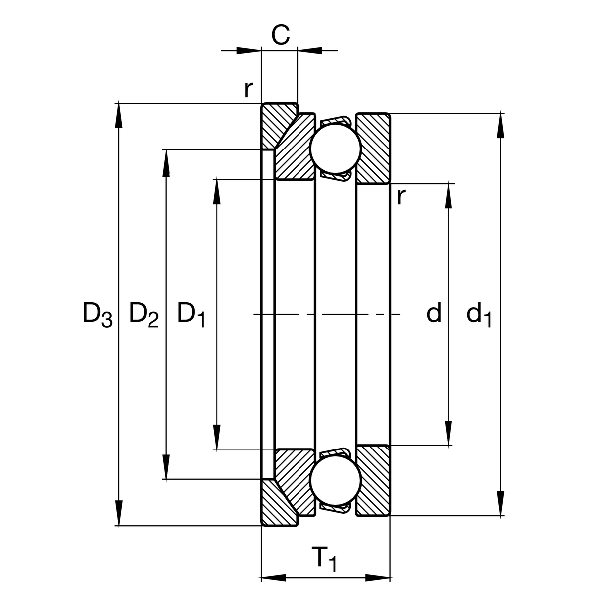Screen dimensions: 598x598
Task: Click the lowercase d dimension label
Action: (434, 314)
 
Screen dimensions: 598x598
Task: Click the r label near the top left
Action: (248, 89)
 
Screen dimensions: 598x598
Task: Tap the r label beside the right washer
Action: (401, 196)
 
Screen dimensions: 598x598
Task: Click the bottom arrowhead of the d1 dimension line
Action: (500, 503)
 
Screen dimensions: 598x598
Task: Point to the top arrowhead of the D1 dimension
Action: (217, 191)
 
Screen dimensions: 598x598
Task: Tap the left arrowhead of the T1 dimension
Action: (274, 578)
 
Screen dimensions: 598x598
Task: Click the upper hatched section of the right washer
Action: (373, 149)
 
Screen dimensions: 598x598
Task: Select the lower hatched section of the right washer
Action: (373, 480)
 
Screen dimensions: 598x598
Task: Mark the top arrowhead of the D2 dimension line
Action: (165, 162)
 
